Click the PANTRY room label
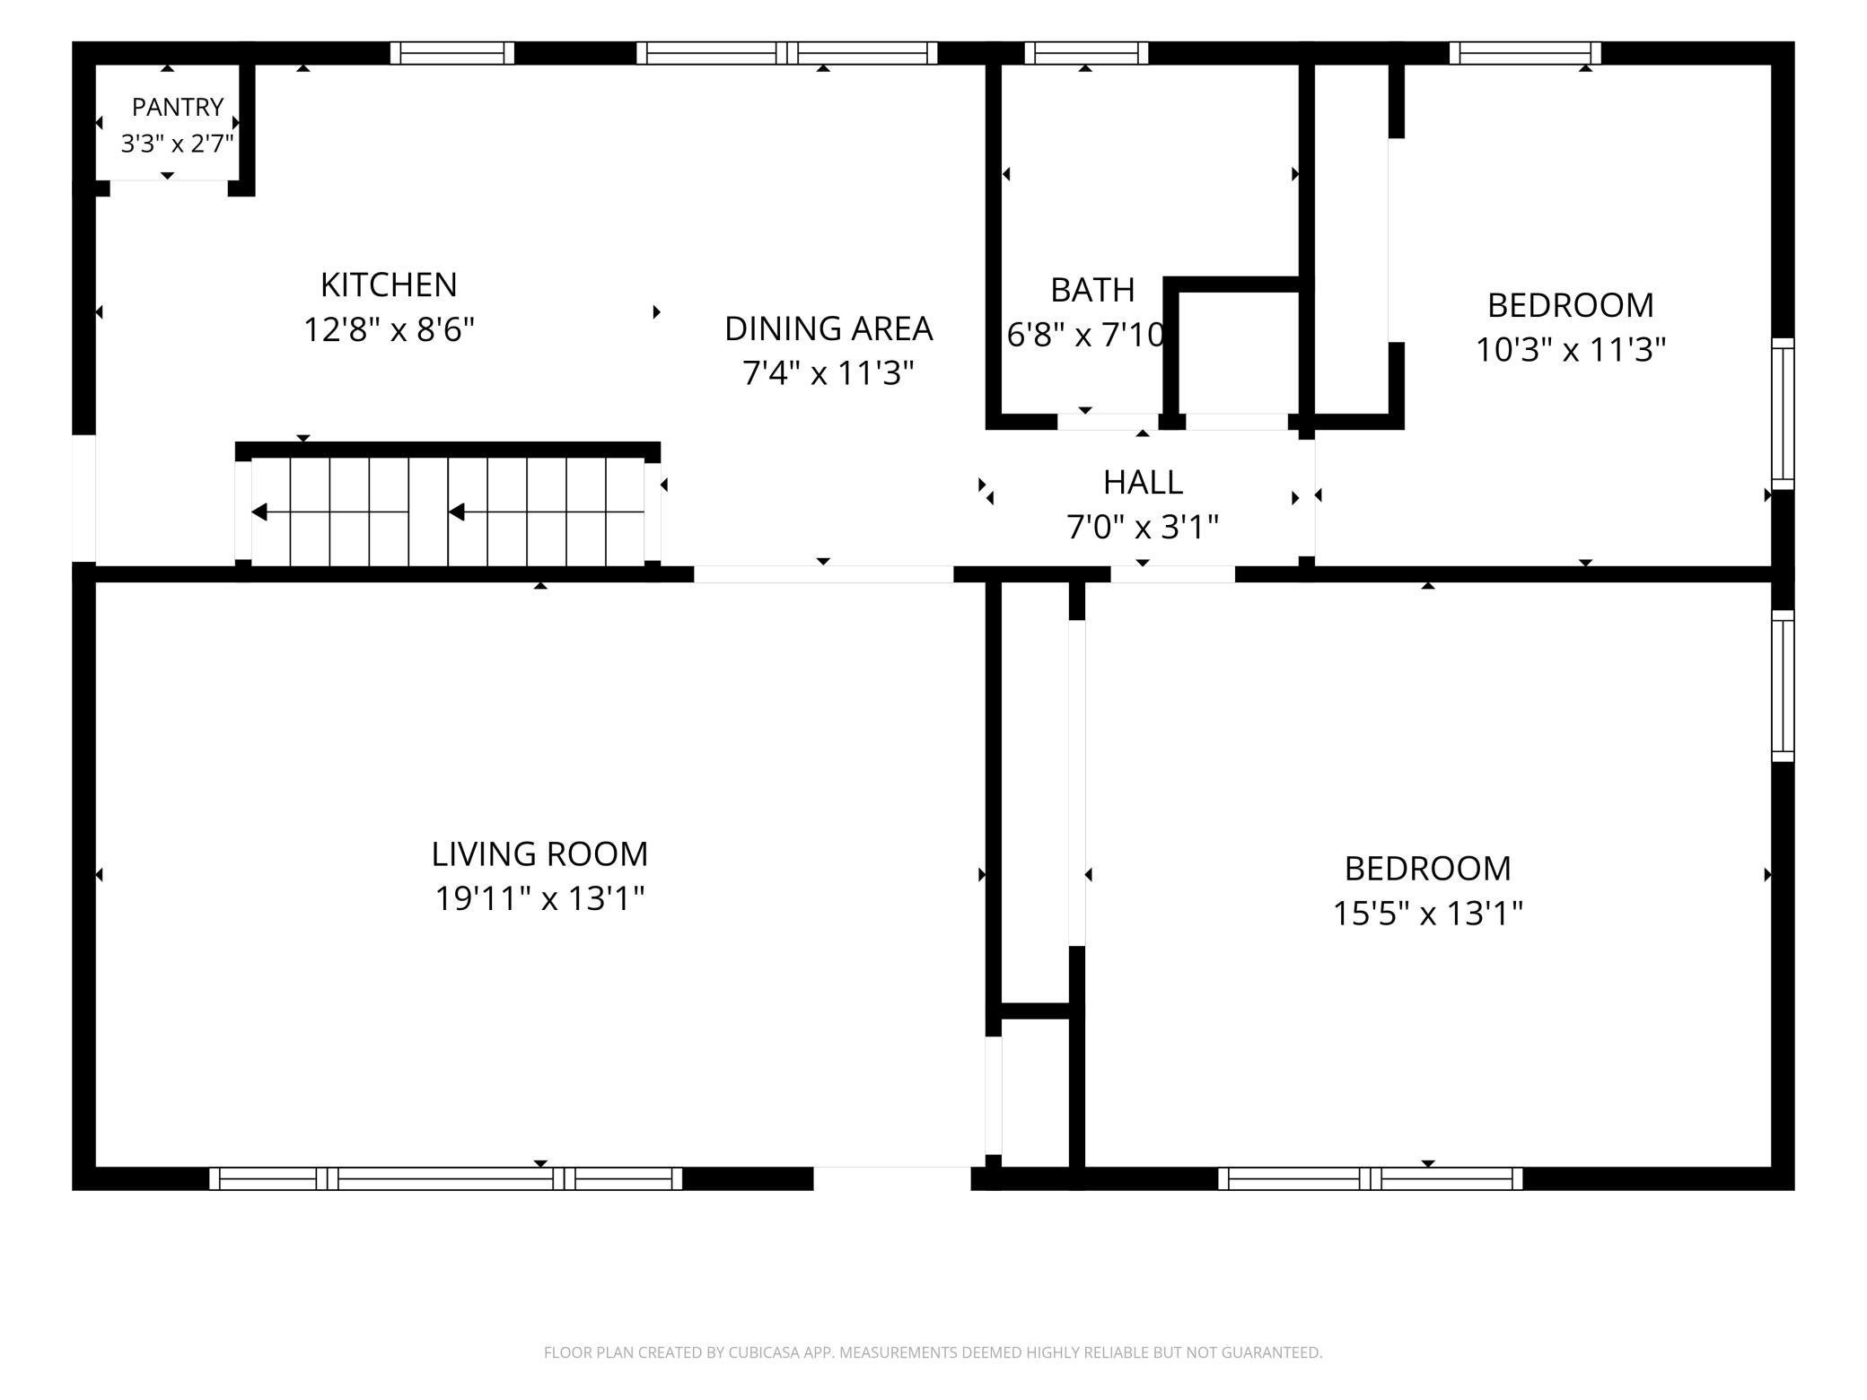click(x=178, y=107)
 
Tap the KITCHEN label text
click(x=389, y=284)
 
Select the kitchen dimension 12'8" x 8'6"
click(x=389, y=329)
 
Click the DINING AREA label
click(x=828, y=328)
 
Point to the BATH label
click(x=1092, y=290)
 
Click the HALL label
click(x=1143, y=482)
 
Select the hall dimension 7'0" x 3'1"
click(x=1143, y=527)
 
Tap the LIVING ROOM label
click(x=539, y=853)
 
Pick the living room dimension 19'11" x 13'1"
click(x=539, y=897)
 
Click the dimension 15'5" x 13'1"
click(x=1427, y=914)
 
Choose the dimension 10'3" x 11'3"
click(x=1571, y=349)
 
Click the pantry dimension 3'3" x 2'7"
click(x=178, y=143)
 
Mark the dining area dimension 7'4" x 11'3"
click(x=828, y=372)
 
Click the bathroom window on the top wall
click(x=1086, y=53)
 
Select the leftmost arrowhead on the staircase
click(x=259, y=512)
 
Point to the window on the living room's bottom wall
click(x=446, y=1178)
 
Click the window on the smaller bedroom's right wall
click(x=1783, y=414)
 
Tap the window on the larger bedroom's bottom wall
click(x=1371, y=1178)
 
